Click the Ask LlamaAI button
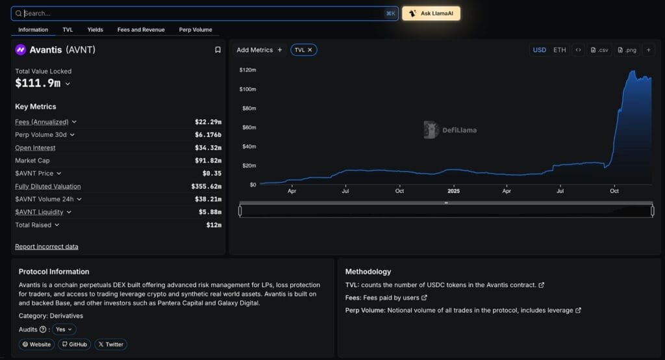[x=431, y=13]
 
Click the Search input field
[x=195, y=13]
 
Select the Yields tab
[x=95, y=30]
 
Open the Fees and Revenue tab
[x=141, y=30]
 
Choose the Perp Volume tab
[x=195, y=30]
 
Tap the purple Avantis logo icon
[x=21, y=50]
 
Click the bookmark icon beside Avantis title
[x=218, y=50]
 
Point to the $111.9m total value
[x=38, y=83]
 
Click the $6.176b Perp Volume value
[x=208, y=135]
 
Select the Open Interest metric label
[x=35, y=148]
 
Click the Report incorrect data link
[x=47, y=246]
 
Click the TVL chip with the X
[x=303, y=50]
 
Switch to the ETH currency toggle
[x=559, y=50]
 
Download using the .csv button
[x=599, y=50]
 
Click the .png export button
[x=627, y=50]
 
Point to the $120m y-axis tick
[x=247, y=70]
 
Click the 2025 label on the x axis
[x=453, y=191]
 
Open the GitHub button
[x=75, y=344]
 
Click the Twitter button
[x=110, y=344]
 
